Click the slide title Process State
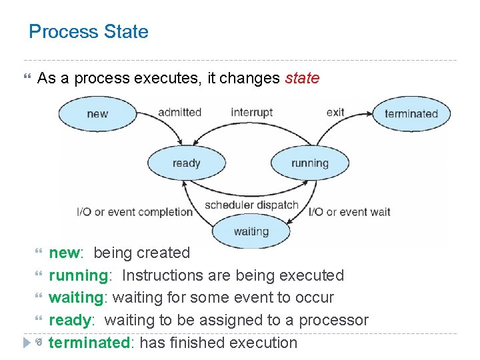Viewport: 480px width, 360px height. pyautogui.click(x=89, y=32)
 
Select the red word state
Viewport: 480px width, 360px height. pyautogui.click(x=302, y=79)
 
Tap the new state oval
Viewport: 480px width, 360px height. pyautogui.click(x=97, y=113)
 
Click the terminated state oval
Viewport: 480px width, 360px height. pyautogui.click(x=411, y=113)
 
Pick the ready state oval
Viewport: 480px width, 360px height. pyautogui.click(x=186, y=163)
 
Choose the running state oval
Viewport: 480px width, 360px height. pyautogui.click(x=309, y=163)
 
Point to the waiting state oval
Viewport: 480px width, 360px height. pyautogui.click(x=251, y=232)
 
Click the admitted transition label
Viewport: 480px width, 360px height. pyautogui.click(x=179, y=112)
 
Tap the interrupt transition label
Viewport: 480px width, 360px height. pyautogui.click(x=251, y=112)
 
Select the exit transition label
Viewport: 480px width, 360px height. pyautogui.click(x=335, y=112)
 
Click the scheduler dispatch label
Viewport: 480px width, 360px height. pyautogui.click(x=251, y=205)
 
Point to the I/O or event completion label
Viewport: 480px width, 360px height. pyautogui.click(x=135, y=213)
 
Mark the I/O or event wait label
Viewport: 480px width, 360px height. pyautogui.click(x=349, y=213)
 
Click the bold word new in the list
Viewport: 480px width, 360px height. pyautogui.click(x=64, y=253)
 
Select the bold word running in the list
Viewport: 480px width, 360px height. pyautogui.click(x=79, y=276)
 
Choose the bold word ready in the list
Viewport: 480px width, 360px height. pyautogui.click(x=69, y=321)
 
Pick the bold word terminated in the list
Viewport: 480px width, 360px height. pyautogui.click(x=89, y=343)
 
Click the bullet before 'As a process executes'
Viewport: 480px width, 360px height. pyautogui.click(x=27, y=79)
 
